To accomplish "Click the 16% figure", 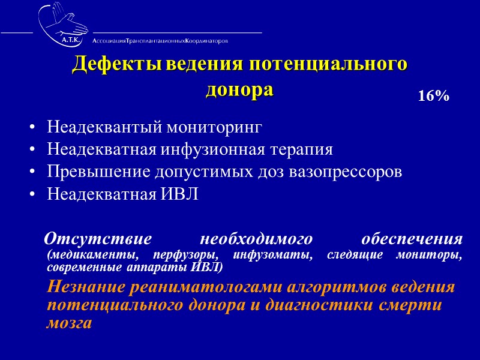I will (434, 96).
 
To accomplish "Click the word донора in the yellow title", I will (239, 89).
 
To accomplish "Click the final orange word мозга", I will (69, 324).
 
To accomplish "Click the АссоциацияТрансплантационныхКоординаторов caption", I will (160, 41).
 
